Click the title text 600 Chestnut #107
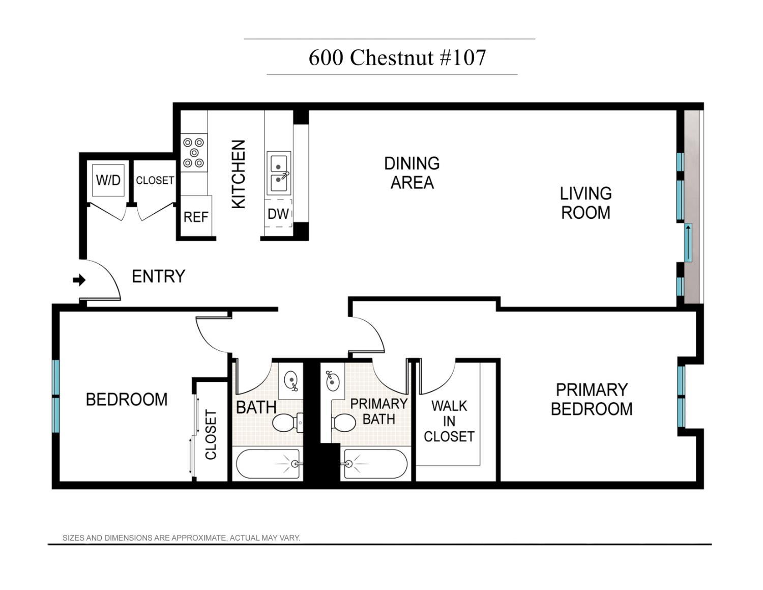coord(397,58)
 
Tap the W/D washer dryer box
coord(108,180)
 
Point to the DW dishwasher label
coord(278,214)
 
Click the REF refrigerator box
coord(196,217)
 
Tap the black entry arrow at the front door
coord(79,280)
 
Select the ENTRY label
coord(158,276)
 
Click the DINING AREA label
coord(412,173)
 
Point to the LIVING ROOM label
coord(585,203)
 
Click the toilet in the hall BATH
coord(287,423)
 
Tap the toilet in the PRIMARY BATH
coord(344,423)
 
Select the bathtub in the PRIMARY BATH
coord(375,464)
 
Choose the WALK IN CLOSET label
coord(449,421)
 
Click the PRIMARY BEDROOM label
coord(591,399)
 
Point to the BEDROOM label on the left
coord(126,400)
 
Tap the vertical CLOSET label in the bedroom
coord(211,434)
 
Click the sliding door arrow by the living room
coord(688,242)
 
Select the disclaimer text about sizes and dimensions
coord(181,538)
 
